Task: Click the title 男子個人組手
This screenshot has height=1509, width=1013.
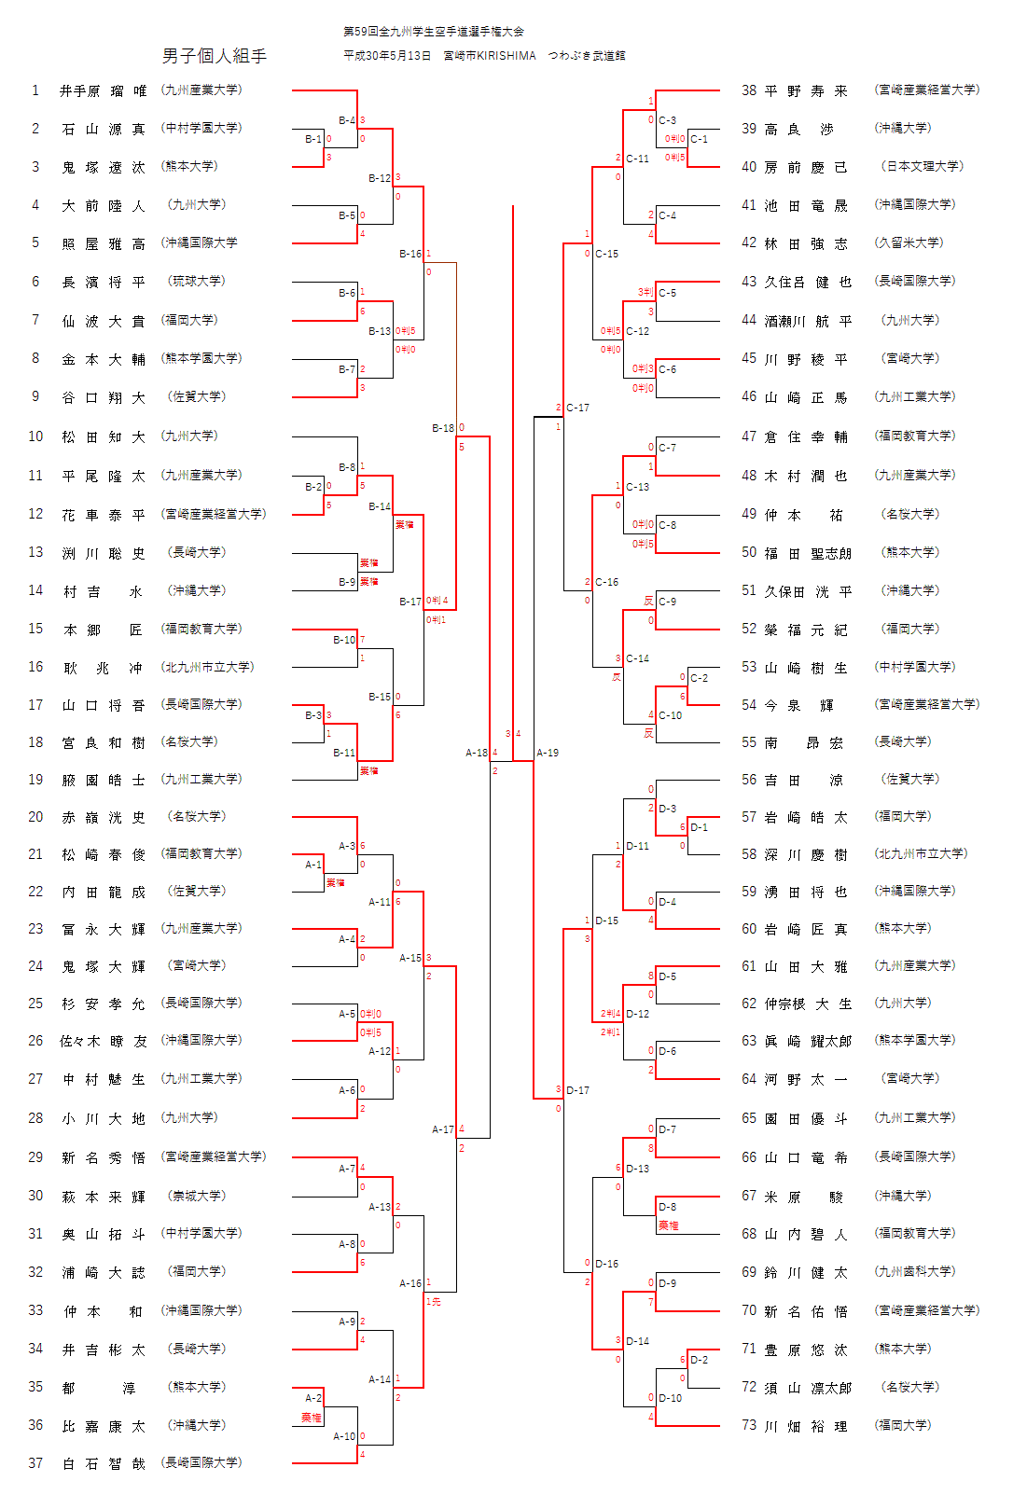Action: [x=215, y=56]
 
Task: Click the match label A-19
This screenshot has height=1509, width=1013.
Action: [x=548, y=753]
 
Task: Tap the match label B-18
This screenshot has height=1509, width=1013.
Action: [x=443, y=428]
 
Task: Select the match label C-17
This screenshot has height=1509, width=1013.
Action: [x=578, y=408]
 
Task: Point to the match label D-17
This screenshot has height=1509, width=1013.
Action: [x=578, y=1090]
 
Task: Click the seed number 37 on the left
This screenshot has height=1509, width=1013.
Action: [x=35, y=1463]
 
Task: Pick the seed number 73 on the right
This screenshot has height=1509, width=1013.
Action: [x=749, y=1425]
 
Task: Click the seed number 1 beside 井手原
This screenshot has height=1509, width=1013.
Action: [x=35, y=90]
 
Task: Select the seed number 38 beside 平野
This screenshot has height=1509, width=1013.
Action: [x=749, y=90]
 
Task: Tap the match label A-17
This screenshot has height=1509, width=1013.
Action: [x=443, y=1129]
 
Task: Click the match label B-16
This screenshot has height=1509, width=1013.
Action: [x=410, y=254]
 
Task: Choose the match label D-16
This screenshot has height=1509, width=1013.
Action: [x=607, y=1264]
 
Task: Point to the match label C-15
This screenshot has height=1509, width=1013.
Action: [x=607, y=254]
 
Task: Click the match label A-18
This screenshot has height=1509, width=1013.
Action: [x=477, y=753]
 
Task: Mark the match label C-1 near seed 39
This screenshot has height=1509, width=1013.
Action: [x=700, y=139]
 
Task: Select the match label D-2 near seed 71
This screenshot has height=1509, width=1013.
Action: [x=700, y=1360]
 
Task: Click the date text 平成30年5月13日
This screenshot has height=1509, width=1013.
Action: [x=387, y=56]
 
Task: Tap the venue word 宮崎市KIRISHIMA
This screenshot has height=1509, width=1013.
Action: [x=490, y=56]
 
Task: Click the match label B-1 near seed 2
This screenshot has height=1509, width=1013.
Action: [x=313, y=139]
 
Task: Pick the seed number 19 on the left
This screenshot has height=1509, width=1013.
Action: [x=35, y=780]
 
